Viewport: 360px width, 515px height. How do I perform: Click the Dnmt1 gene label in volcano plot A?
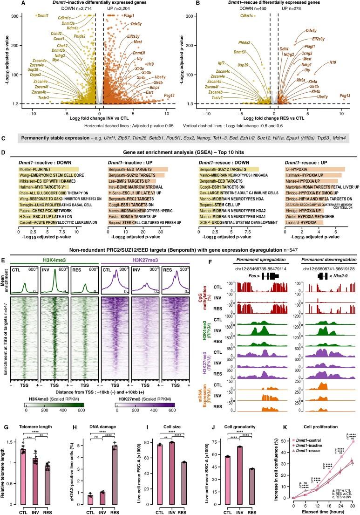point(43,16)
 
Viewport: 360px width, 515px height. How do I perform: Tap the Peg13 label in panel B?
point(345,96)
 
